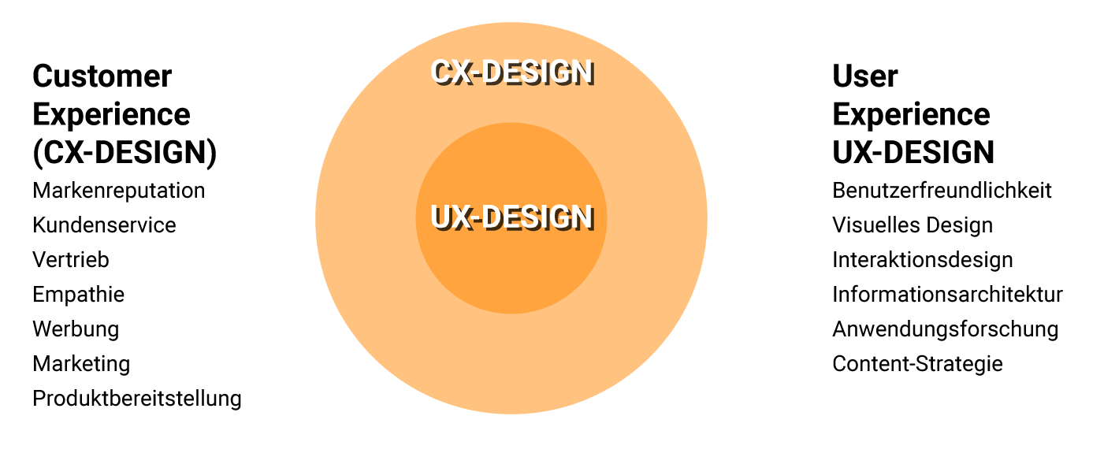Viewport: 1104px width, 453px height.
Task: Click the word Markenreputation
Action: click(119, 191)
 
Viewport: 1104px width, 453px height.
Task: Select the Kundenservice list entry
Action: click(104, 225)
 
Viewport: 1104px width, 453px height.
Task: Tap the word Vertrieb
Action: click(71, 260)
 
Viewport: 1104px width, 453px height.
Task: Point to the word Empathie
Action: click(79, 295)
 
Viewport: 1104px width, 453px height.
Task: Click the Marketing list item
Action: click(81, 364)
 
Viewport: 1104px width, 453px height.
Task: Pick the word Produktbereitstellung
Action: click(137, 399)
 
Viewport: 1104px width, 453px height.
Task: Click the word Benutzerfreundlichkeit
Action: click(942, 191)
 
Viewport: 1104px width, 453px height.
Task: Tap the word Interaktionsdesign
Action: click(923, 260)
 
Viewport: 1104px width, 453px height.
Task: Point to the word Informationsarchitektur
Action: click(948, 295)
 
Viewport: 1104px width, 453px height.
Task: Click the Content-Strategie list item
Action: click(918, 364)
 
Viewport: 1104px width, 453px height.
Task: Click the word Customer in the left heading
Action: click(102, 76)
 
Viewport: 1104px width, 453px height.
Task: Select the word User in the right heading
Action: click(865, 76)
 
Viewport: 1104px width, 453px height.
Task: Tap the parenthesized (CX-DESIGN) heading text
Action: click(125, 152)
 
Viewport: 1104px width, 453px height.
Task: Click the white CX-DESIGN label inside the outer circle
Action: click(512, 73)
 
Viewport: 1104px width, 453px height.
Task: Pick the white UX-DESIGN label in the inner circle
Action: click(512, 218)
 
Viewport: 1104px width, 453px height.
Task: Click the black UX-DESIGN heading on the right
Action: click(913, 152)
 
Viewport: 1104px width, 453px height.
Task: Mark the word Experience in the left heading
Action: click(111, 115)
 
